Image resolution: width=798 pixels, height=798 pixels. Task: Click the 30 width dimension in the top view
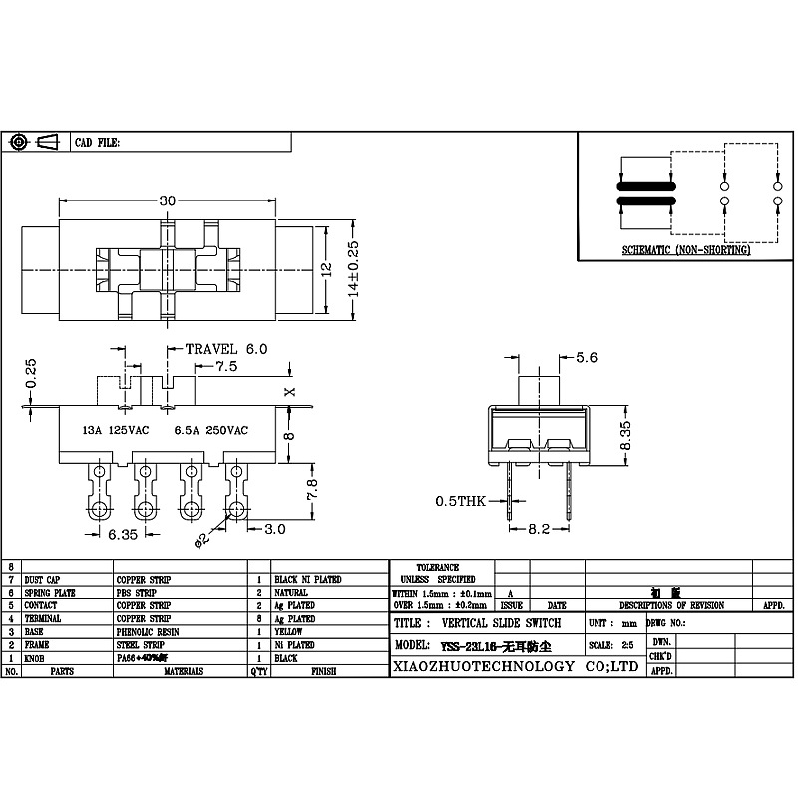point(167,200)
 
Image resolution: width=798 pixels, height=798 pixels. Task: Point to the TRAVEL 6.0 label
point(226,349)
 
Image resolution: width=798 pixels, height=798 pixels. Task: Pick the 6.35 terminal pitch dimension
point(123,535)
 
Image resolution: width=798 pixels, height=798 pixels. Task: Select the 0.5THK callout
point(459,501)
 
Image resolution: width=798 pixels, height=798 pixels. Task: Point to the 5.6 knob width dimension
point(587,358)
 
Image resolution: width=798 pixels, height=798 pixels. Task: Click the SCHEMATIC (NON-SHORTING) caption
point(685,250)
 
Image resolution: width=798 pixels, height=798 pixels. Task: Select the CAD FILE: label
point(98,143)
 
